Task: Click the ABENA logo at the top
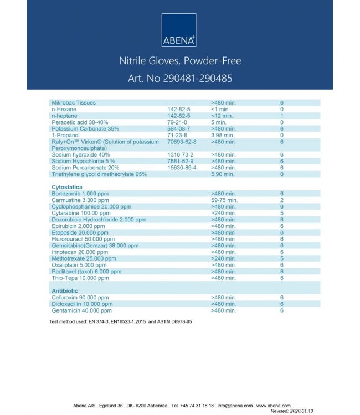point(179,30)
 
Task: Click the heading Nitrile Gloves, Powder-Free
point(180,60)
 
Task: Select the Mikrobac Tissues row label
point(73,103)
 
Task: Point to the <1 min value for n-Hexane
point(220,110)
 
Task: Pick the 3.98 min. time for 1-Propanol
point(222,135)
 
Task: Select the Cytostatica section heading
point(67,188)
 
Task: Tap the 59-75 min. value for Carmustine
point(224,200)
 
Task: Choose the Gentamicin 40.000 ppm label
point(81,310)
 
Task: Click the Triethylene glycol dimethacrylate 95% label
point(100,174)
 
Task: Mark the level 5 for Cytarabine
point(282,213)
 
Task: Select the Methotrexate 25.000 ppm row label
point(84,258)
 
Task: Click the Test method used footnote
point(120,321)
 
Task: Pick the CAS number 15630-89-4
point(182,168)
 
